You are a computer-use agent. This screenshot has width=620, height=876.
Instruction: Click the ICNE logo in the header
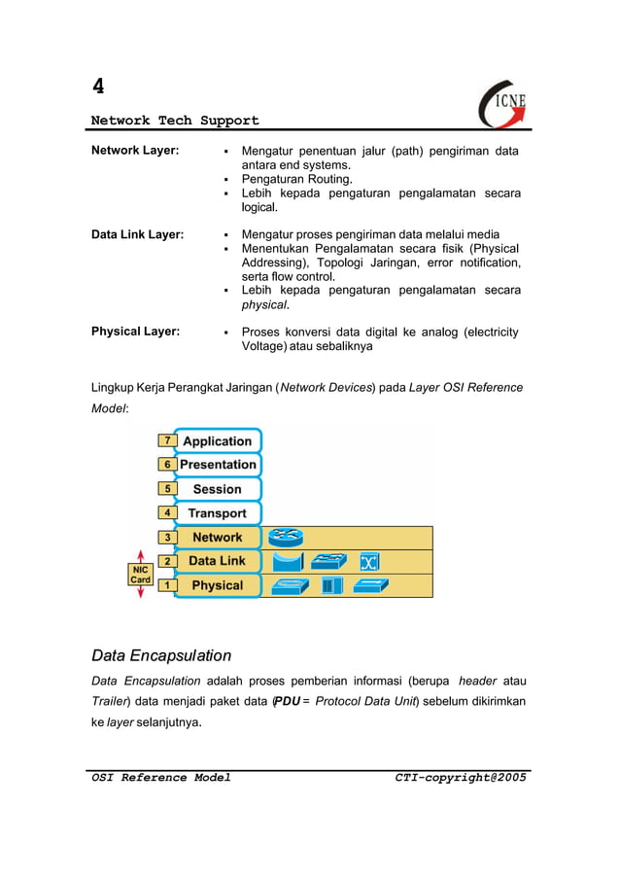503,103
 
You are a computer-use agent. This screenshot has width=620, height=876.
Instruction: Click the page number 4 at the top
98,86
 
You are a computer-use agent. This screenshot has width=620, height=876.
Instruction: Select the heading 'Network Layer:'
135,151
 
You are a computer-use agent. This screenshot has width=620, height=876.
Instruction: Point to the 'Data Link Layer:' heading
138,234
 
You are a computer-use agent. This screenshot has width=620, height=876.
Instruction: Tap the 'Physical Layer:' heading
135,332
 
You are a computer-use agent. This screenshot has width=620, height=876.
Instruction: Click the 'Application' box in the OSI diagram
217,441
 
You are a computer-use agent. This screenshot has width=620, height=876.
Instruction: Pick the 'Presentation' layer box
217,465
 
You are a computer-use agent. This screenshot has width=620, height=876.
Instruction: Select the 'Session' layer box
217,489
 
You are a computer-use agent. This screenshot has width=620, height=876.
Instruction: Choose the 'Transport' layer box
217,513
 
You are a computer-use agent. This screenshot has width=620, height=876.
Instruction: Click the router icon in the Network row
287,537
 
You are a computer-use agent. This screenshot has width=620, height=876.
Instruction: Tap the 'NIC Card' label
141,574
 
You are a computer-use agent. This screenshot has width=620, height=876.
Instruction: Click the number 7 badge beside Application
167,441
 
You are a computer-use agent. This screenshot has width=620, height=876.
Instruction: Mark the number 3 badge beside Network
167,537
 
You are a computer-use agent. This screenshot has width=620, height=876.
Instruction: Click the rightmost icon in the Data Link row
368,561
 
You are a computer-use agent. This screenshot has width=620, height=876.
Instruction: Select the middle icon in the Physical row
332,585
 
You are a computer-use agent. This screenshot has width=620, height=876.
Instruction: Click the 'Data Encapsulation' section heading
161,655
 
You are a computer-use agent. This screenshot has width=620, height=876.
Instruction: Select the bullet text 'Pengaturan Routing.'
296,179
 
